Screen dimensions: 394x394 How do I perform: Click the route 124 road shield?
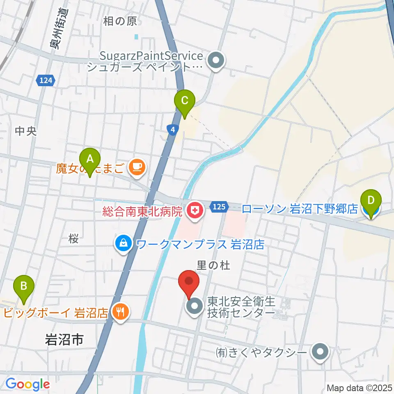[x=46, y=80]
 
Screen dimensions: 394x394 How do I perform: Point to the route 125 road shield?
[x=219, y=207]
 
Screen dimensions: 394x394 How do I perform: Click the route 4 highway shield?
[x=173, y=129]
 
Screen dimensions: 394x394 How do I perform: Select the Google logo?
[x=28, y=384]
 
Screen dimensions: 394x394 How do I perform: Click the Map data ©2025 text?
[x=359, y=387]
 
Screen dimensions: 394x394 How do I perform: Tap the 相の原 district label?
[x=120, y=21]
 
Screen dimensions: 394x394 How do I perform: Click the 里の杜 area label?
[x=213, y=266]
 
